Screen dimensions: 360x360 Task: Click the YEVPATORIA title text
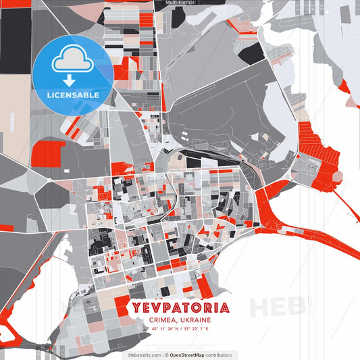point(182,308)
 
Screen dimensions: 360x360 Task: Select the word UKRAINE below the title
point(196,319)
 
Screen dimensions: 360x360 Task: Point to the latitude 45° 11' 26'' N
point(163,329)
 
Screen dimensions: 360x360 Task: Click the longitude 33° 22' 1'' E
point(198,329)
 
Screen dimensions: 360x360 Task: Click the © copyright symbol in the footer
point(165,355)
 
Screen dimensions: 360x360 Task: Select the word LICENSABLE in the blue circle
point(73,94)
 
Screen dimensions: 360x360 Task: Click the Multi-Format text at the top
point(180,3)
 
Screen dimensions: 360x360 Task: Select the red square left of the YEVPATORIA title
point(122,305)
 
